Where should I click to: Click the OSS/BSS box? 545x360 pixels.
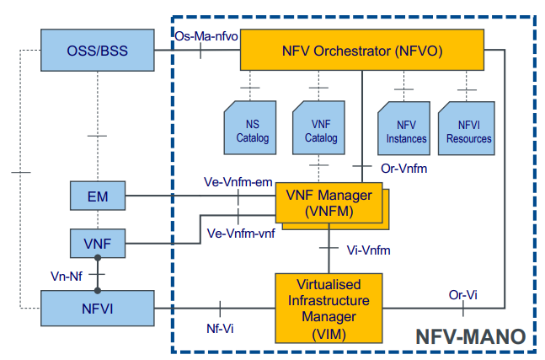pyautogui.click(x=98, y=51)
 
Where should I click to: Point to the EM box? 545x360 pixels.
pyautogui.click(x=97, y=198)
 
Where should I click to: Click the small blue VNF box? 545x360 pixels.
pyautogui.click(x=97, y=244)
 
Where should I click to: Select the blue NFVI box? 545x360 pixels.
pyautogui.click(x=98, y=308)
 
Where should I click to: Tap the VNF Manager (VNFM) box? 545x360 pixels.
pyautogui.click(x=328, y=206)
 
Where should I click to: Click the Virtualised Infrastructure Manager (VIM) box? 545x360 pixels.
pyautogui.click(x=328, y=306)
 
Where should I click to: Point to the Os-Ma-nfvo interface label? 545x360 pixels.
pyautogui.click(x=204, y=36)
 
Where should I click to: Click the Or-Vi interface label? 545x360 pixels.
pyautogui.click(x=462, y=294)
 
